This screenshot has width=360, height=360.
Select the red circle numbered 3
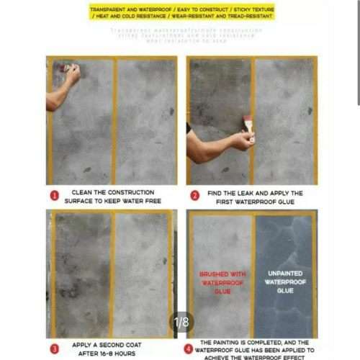54,348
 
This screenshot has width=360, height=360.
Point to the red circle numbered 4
189,348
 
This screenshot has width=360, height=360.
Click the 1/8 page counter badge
181,321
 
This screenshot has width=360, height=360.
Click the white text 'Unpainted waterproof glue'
285,282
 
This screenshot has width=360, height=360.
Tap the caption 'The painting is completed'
256,348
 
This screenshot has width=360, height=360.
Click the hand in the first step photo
71,73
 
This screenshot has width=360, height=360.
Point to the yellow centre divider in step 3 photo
112,274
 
